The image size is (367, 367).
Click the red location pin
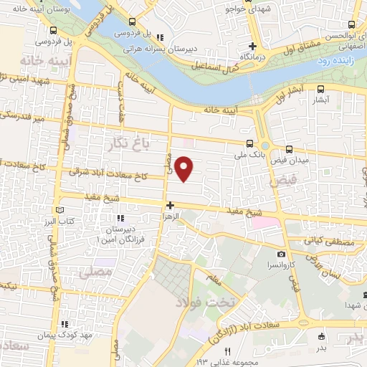(185, 168)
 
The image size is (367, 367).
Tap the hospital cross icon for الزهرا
(170, 206)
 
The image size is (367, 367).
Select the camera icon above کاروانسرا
(281, 254)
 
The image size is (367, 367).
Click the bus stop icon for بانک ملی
(249, 143)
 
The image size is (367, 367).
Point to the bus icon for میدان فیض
(289, 150)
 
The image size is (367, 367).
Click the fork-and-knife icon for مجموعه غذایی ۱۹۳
(228, 351)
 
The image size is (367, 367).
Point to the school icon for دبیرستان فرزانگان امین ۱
(120, 217)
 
